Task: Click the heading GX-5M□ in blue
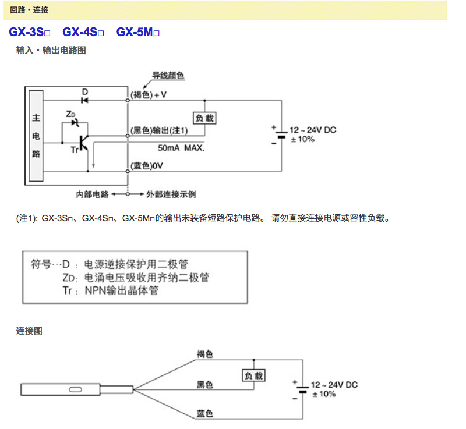coord(138,33)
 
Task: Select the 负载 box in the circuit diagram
coord(204,118)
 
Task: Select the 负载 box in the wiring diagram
coord(253,376)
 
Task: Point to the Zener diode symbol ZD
coord(74,122)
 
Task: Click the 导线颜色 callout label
coord(168,76)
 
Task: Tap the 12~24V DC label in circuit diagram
coord(313,130)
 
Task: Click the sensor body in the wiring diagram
coord(76,388)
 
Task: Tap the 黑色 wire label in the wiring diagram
coord(204,385)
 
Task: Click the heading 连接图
coord(29,331)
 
